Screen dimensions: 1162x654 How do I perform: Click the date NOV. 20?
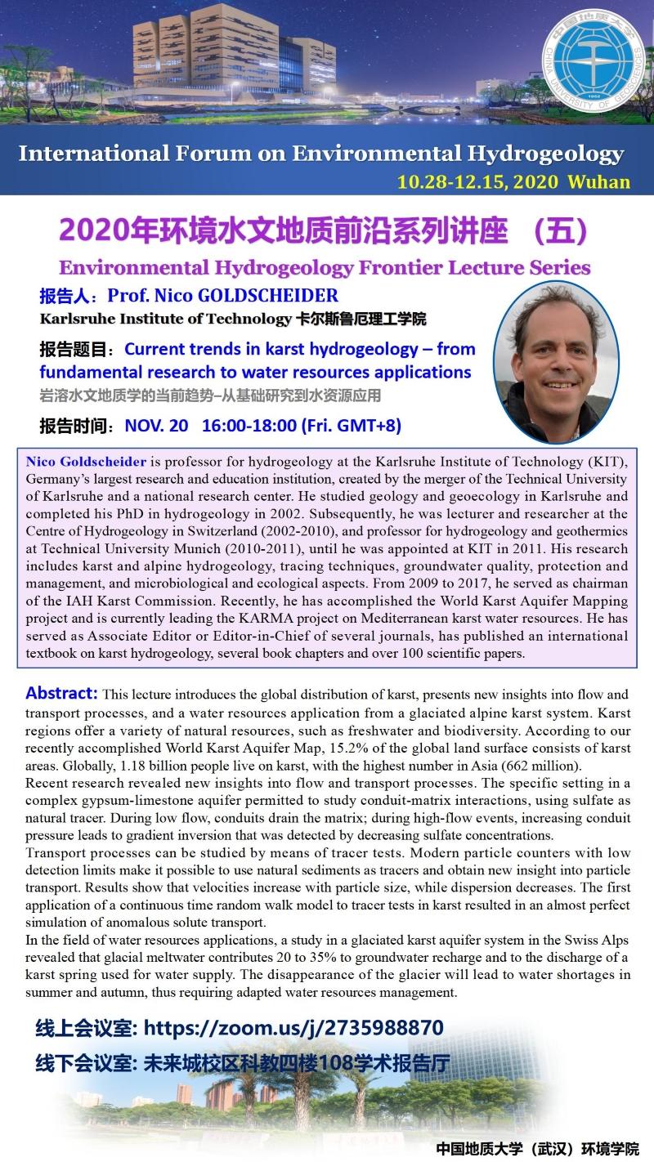pyautogui.click(x=156, y=426)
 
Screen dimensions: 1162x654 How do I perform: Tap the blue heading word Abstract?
pyautogui.click(x=61, y=693)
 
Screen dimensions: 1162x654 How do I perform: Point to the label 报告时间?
pyautogui.click(x=74, y=426)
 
